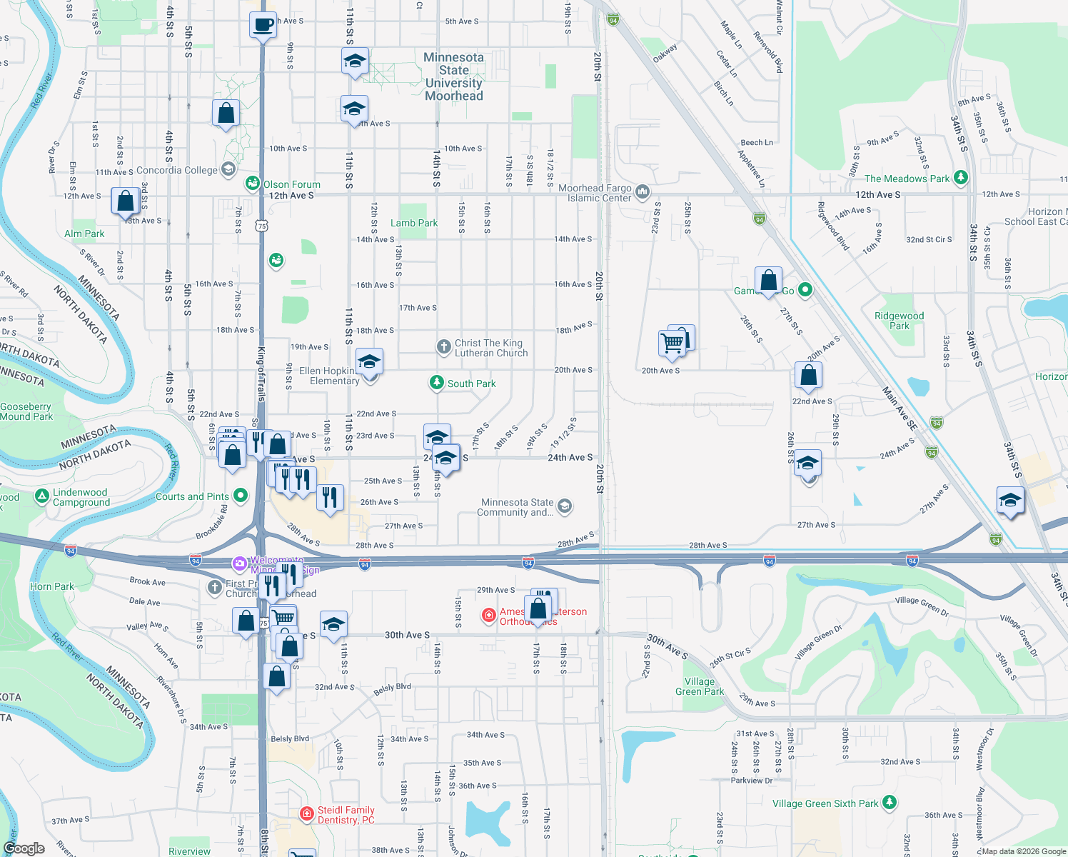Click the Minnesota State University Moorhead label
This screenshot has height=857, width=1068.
pyautogui.click(x=454, y=76)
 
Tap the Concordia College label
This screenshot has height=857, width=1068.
pyautogui.click(x=176, y=170)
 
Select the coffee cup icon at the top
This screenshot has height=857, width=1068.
pyautogui.click(x=263, y=25)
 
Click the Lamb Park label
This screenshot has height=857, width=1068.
pyautogui.click(x=414, y=223)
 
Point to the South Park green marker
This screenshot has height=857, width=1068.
pyautogui.click(x=436, y=383)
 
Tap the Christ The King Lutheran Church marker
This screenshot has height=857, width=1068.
pyautogui.click(x=443, y=347)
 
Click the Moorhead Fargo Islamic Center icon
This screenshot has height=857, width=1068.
pyautogui.click(x=642, y=191)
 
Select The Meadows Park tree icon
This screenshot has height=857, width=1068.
pyautogui.click(x=961, y=178)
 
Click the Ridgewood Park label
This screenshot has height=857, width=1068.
pyautogui.click(x=899, y=321)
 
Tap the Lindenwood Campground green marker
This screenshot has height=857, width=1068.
pyautogui.click(x=42, y=496)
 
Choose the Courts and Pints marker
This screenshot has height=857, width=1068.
pyautogui.click(x=241, y=496)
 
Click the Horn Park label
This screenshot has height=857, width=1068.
pyautogui.click(x=52, y=586)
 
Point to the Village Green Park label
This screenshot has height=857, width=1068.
pyautogui.click(x=700, y=686)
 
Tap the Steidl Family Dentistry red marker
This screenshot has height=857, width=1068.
pyautogui.click(x=306, y=813)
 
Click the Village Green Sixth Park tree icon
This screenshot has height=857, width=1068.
pyautogui.click(x=889, y=803)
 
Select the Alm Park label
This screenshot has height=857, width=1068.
pyautogui.click(x=84, y=234)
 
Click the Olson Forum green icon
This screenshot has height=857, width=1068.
pyautogui.click(x=252, y=184)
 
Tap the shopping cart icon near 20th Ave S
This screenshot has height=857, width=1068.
pyautogui.click(x=672, y=343)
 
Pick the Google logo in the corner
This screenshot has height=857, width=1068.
pyautogui.click(x=24, y=848)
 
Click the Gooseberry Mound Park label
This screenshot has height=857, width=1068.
pyautogui.click(x=26, y=411)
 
